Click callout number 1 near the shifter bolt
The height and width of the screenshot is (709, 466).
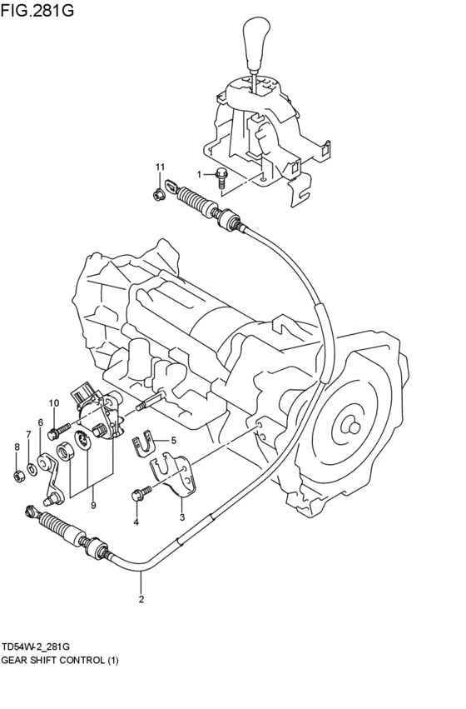(200, 173)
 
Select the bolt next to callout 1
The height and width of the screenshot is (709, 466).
(222, 174)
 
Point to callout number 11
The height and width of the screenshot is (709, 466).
(160, 169)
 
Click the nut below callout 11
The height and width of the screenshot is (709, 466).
(158, 196)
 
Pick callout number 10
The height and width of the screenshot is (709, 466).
(53, 404)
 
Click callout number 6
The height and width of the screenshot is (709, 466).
(40, 422)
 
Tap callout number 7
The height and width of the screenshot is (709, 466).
(27, 434)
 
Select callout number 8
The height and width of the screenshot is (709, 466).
(15, 447)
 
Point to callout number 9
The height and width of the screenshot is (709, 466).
(93, 505)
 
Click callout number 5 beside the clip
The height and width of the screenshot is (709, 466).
(173, 441)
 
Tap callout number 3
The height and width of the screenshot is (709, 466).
(181, 517)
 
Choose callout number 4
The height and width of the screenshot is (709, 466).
(136, 522)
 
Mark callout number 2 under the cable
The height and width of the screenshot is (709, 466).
(141, 598)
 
